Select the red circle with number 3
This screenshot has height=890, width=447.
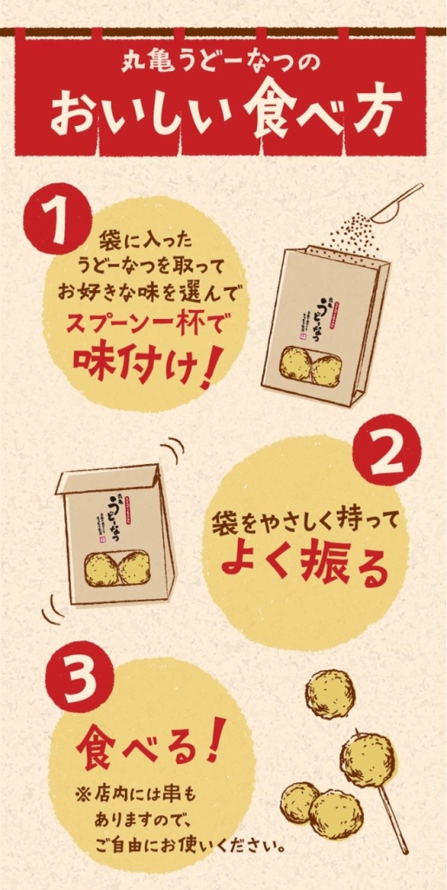(x=79, y=674)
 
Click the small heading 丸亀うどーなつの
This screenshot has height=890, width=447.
(x=222, y=64)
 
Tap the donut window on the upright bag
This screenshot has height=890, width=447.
(x=312, y=368)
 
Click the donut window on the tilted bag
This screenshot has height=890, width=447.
(x=117, y=568)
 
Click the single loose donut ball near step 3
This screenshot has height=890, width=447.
(x=330, y=693)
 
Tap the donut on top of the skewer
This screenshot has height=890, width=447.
(x=368, y=758)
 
